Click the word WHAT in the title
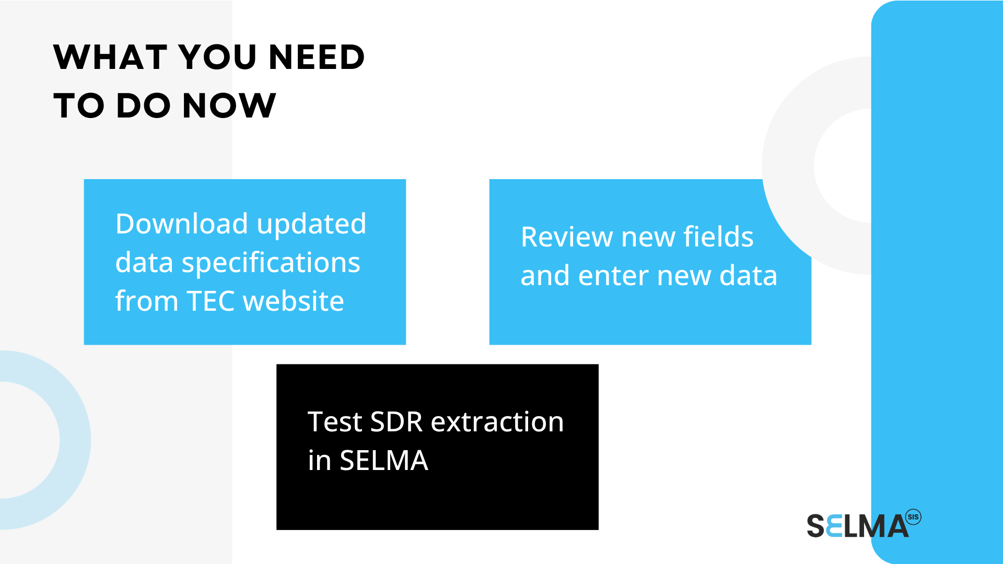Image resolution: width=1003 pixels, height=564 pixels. [x=110, y=57]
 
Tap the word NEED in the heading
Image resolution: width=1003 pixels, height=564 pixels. [x=317, y=57]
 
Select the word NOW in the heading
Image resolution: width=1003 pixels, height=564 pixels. [x=229, y=105]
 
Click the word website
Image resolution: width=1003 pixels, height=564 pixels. [x=294, y=301]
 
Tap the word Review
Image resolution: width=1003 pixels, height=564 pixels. [x=567, y=237]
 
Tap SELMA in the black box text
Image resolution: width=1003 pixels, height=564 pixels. [x=384, y=461]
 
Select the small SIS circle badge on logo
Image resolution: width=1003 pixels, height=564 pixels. [x=913, y=517]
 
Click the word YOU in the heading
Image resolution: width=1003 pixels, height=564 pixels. [x=218, y=57]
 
